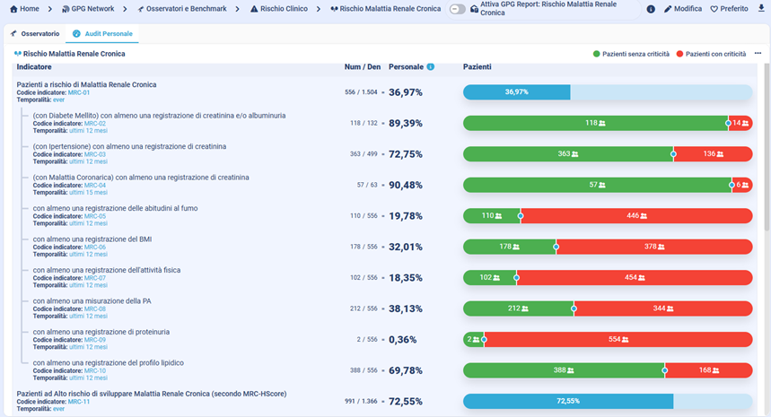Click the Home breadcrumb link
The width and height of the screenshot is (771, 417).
(24, 9)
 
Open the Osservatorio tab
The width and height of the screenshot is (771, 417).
(35, 34)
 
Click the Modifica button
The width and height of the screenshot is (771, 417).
(683, 9)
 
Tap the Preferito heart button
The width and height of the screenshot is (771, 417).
(729, 9)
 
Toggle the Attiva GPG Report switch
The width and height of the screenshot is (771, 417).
(458, 9)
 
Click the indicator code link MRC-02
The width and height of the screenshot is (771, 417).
(94, 123)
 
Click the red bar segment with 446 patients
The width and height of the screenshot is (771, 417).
(635, 215)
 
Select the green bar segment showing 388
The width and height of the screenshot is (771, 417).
(564, 369)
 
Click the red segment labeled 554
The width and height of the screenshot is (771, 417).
(618, 339)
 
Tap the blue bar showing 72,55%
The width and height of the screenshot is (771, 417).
(567, 401)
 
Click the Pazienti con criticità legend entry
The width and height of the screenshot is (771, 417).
(711, 54)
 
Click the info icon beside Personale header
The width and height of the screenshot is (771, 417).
(431, 67)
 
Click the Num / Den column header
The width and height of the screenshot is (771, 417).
(363, 67)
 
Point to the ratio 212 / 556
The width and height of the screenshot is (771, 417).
(363, 308)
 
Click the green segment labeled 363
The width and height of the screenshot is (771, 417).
(567, 153)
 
